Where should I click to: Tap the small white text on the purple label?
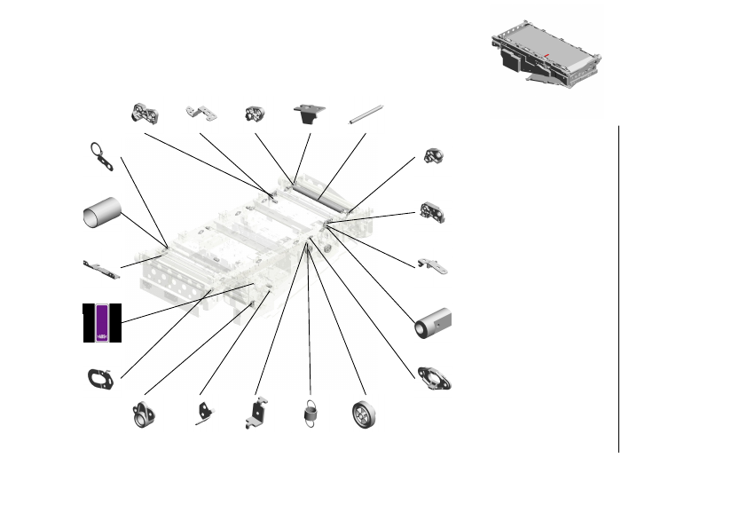click(x=102, y=336)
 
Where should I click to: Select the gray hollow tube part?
click(x=102, y=214)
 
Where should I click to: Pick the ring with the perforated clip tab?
click(x=101, y=155)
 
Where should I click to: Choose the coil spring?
click(x=311, y=414)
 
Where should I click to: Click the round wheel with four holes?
click(x=364, y=414)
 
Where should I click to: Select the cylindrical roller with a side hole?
click(x=434, y=324)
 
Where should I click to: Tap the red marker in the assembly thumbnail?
click(x=547, y=57)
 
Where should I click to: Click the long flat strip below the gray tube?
click(x=100, y=269)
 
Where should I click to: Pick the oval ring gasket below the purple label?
click(x=98, y=379)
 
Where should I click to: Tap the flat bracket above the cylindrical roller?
click(x=432, y=265)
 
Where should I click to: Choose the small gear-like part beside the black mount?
click(x=255, y=114)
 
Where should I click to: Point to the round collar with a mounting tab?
click(x=144, y=415)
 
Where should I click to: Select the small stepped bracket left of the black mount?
click(x=201, y=113)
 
